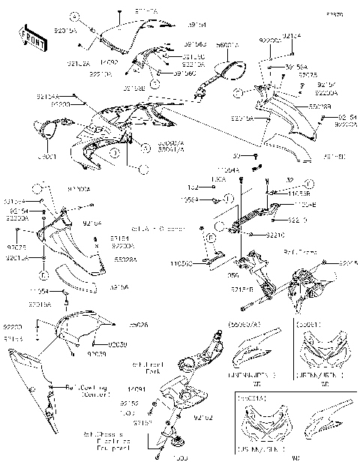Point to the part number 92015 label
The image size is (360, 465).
click(x=349, y=263)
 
